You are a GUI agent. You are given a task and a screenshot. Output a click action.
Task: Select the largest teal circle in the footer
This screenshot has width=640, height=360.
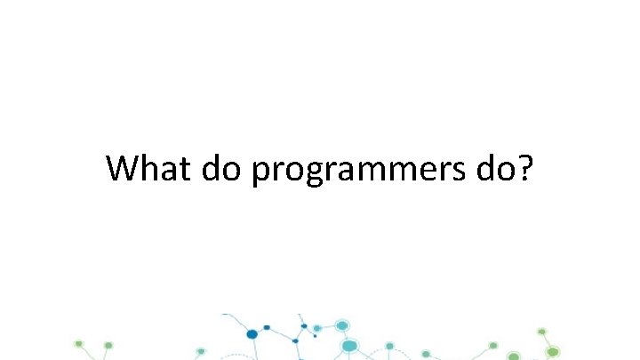(349, 346)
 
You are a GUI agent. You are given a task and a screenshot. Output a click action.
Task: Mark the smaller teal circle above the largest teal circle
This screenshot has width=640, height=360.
(342, 325)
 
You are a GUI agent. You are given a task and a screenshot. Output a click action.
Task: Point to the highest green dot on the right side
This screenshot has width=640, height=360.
(541, 332)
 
